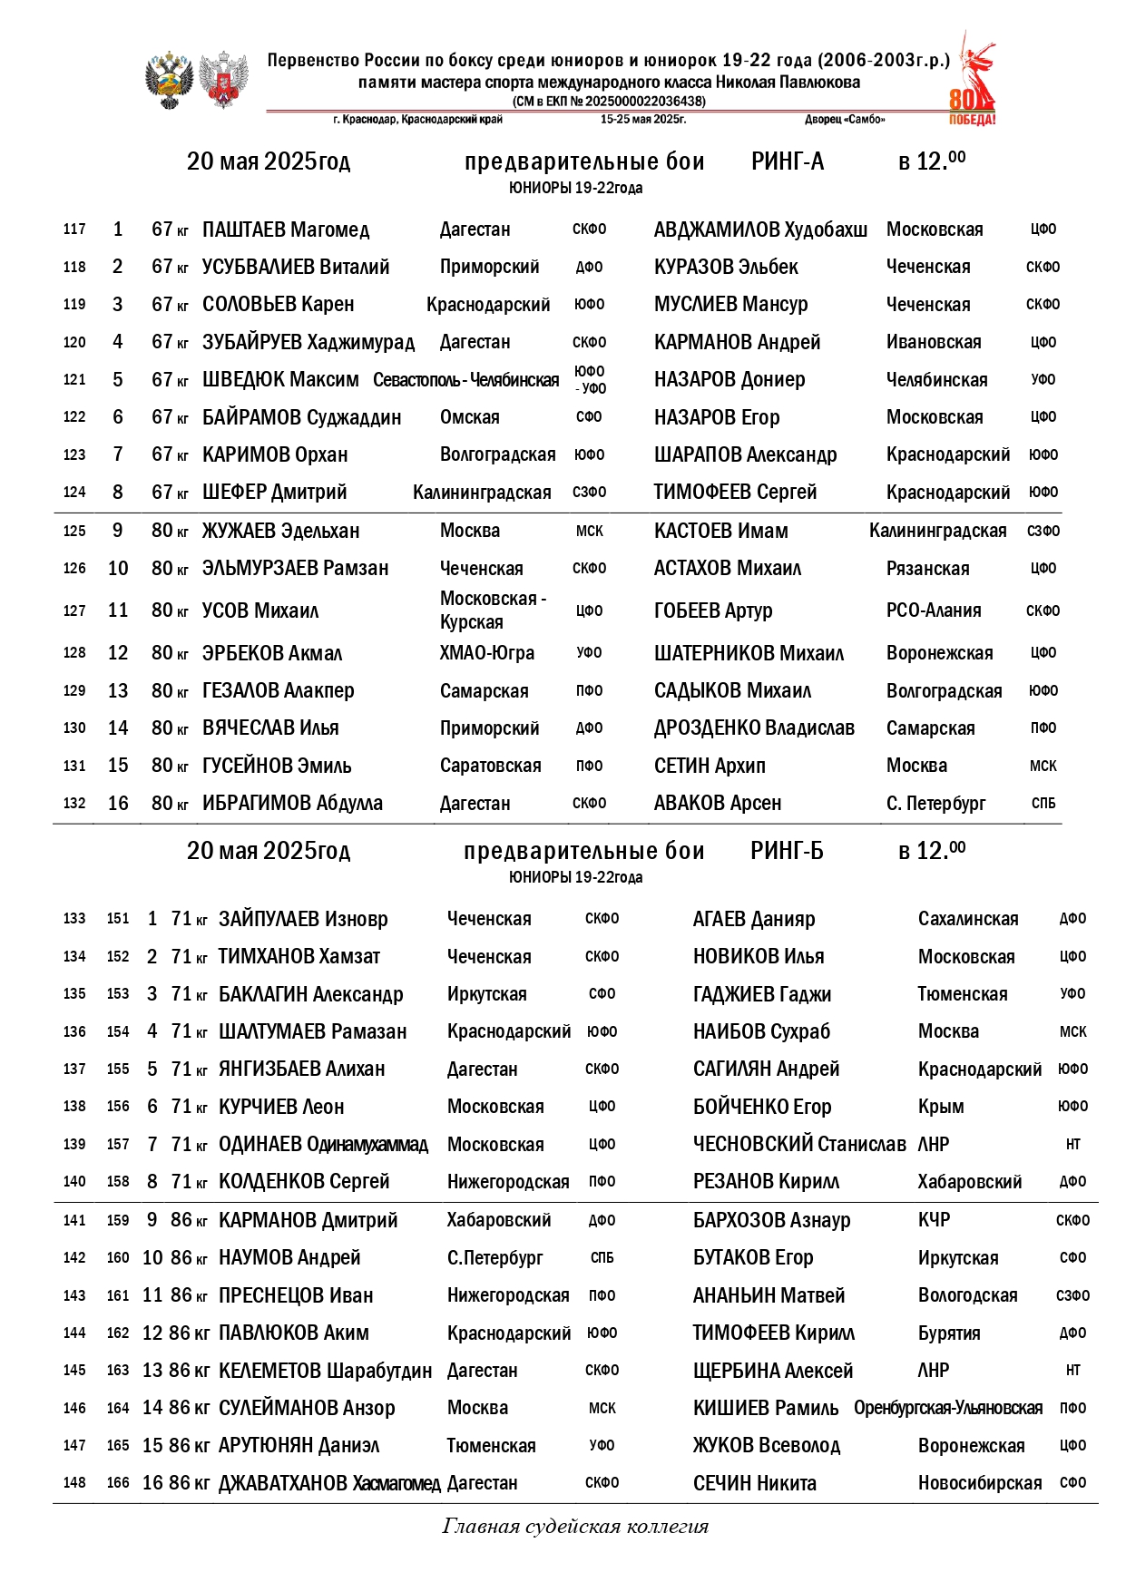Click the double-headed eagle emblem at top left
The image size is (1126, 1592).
pyautogui.click(x=170, y=80)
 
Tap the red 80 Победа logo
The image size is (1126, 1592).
pyautogui.click(x=973, y=82)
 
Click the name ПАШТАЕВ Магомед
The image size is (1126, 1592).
pyautogui.click(x=286, y=230)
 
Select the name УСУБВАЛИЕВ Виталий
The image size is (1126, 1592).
pyautogui.click(x=296, y=267)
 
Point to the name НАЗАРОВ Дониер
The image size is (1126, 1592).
pyautogui.click(x=729, y=379)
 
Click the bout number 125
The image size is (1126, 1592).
pyautogui.click(x=74, y=531)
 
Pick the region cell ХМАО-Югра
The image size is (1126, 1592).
pyautogui.click(x=487, y=653)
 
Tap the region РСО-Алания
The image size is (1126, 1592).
pyautogui.click(x=934, y=610)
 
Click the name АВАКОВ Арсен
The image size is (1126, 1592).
pyautogui.click(x=718, y=804)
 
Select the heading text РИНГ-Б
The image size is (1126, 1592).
pyautogui.click(x=787, y=851)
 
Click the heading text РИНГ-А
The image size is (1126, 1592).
pyautogui.click(x=788, y=161)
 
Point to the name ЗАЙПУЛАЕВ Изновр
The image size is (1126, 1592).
pyautogui.click(x=303, y=919)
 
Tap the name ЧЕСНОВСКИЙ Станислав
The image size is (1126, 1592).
pyautogui.click(x=799, y=1144)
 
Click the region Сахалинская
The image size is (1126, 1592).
pyautogui.click(x=968, y=919)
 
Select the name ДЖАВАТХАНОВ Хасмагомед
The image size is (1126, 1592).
pyautogui.click(x=329, y=1483)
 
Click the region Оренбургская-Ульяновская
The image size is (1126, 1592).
pyautogui.click(x=948, y=1408)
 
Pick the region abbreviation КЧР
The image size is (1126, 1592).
pyautogui.click(x=934, y=1220)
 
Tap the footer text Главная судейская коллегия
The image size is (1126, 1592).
pyautogui.click(x=575, y=1526)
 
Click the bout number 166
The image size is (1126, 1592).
pyautogui.click(x=118, y=1483)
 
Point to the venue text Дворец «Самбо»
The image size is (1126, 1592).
pyautogui.click(x=845, y=120)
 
